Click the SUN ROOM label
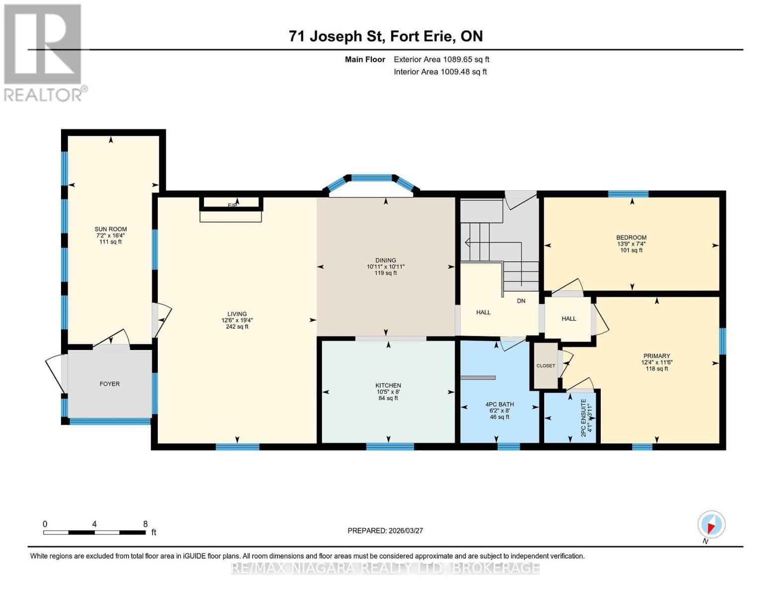(111, 229)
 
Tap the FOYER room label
(110, 384)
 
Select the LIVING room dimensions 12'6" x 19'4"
(237, 320)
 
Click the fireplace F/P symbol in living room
(232, 204)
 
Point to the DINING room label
(386, 260)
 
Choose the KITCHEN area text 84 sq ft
(388, 398)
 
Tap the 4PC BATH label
(499, 405)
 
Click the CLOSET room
(546, 366)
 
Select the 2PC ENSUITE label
(583, 417)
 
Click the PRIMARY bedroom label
(656, 356)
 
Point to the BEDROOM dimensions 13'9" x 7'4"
(631, 244)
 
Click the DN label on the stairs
(521, 301)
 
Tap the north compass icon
(711, 525)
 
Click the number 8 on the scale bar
(145, 524)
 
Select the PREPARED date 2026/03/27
(385, 531)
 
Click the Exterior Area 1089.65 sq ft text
(441, 59)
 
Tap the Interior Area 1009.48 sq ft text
(440, 72)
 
